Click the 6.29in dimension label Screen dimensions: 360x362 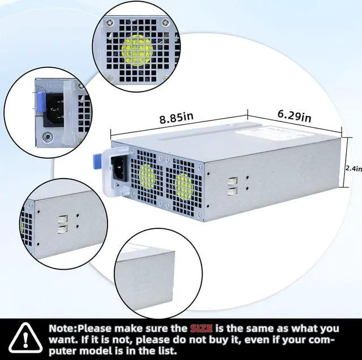tap(294, 116)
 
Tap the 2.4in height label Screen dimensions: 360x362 tap(354, 167)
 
